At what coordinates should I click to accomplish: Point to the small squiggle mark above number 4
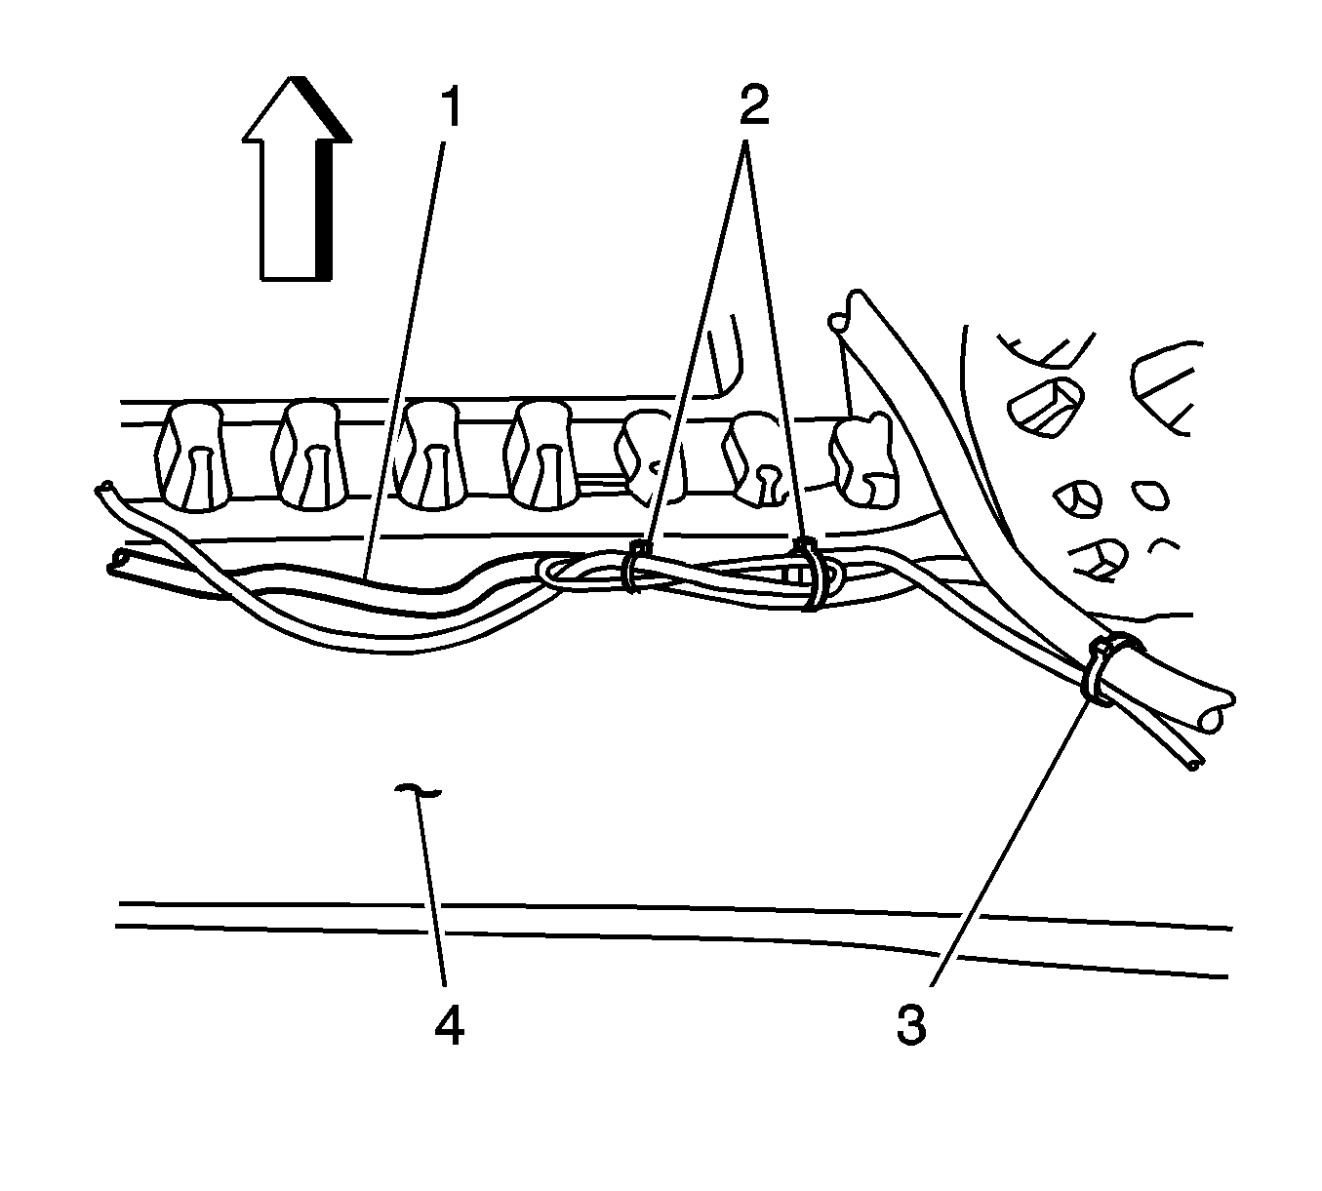(418, 789)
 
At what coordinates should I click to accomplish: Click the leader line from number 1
(405, 351)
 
